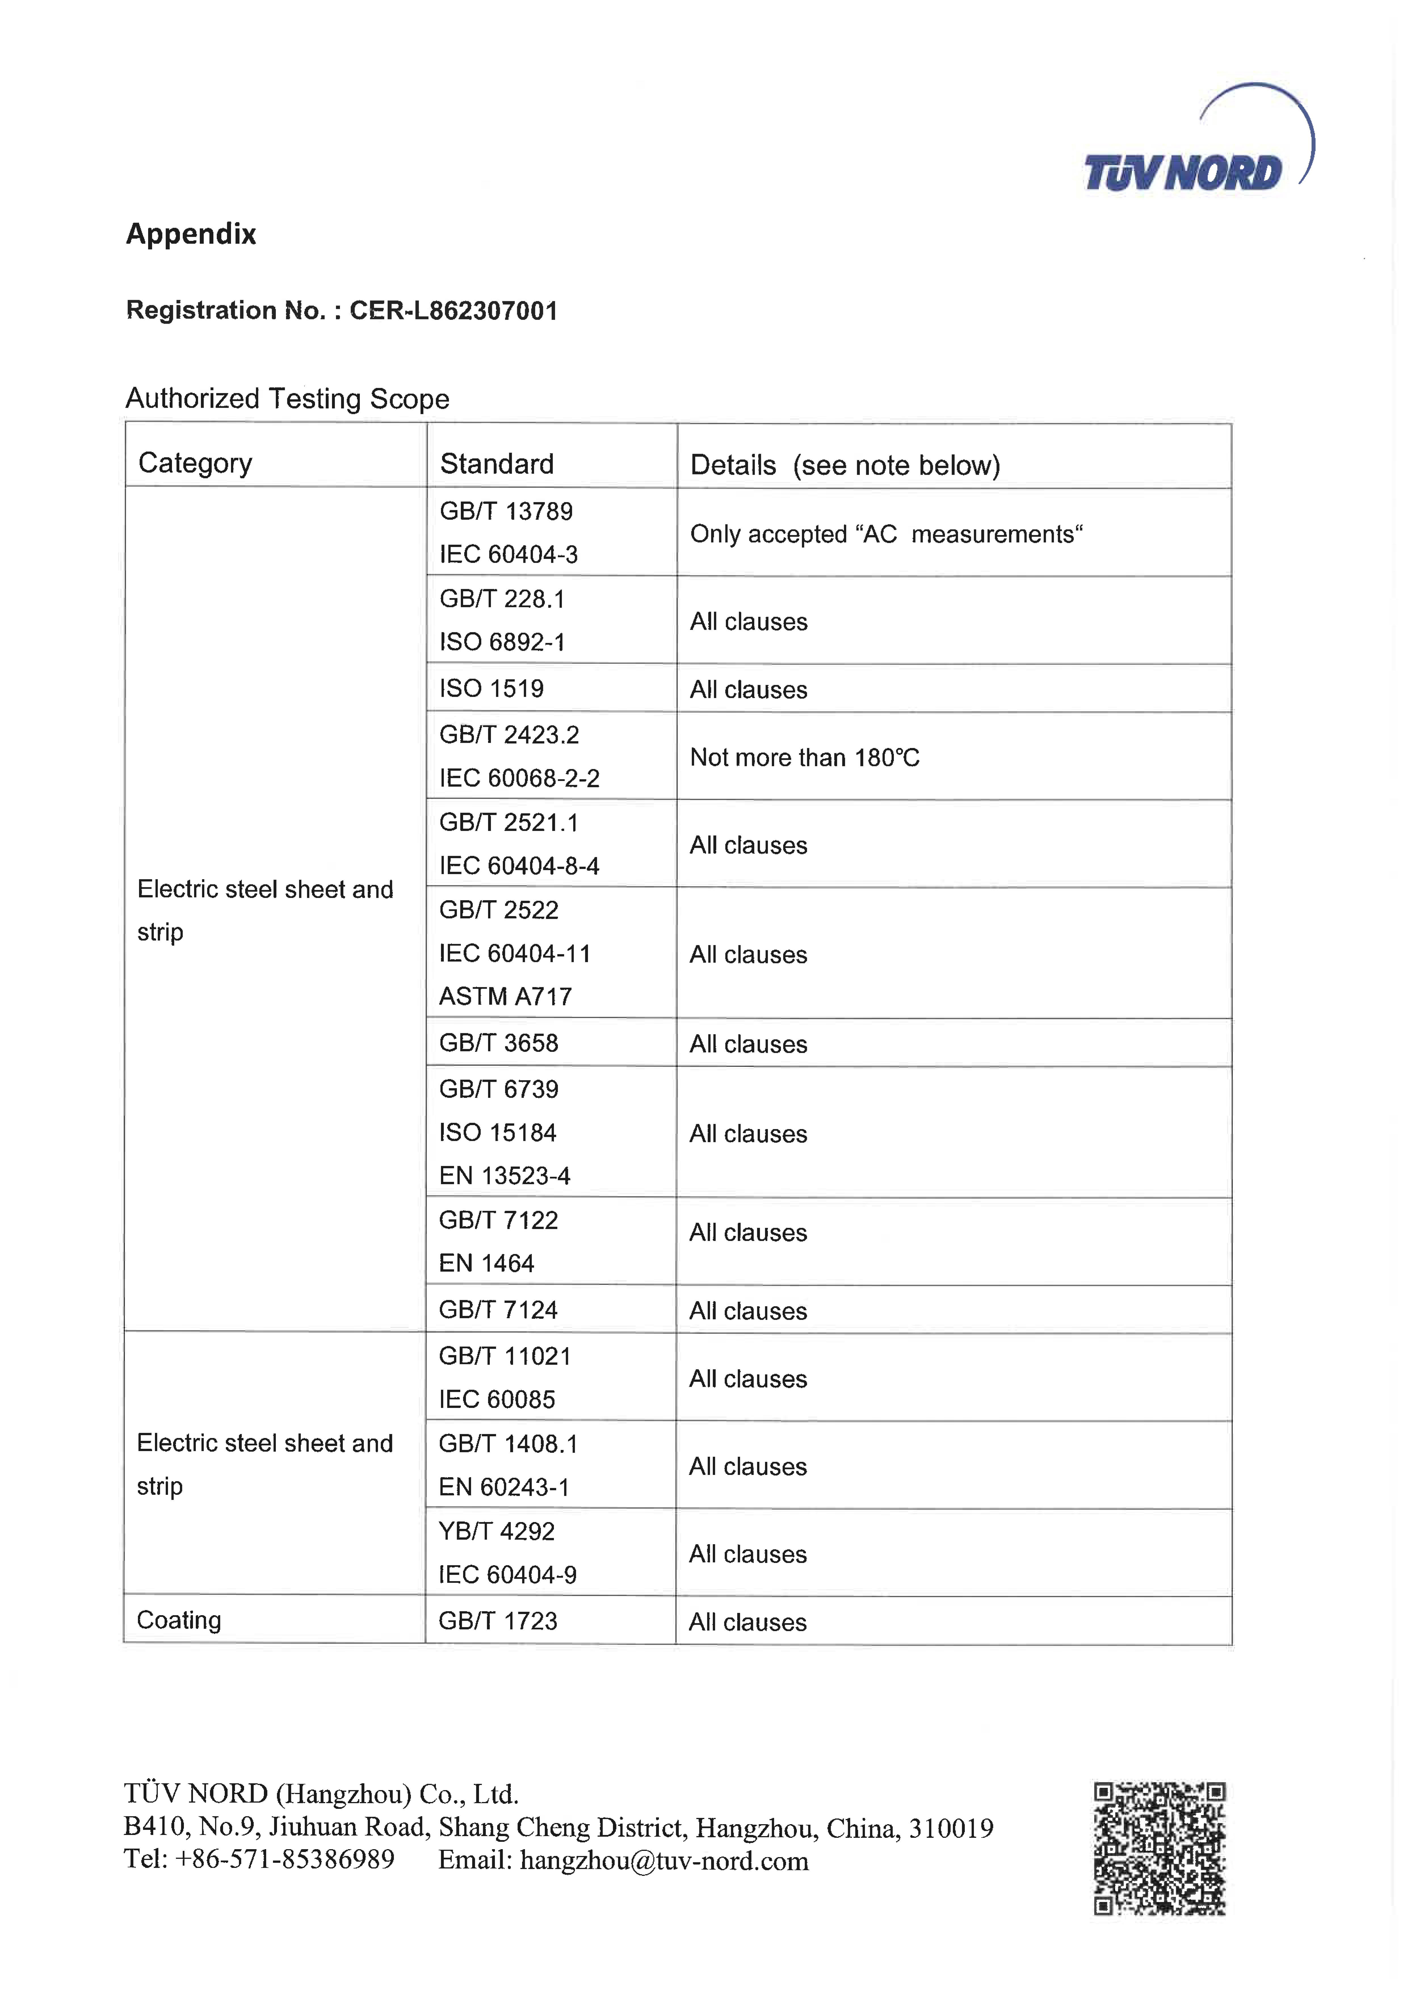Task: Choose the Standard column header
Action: (x=496, y=464)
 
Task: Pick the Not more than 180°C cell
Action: (x=804, y=758)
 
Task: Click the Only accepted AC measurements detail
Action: (x=885, y=534)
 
